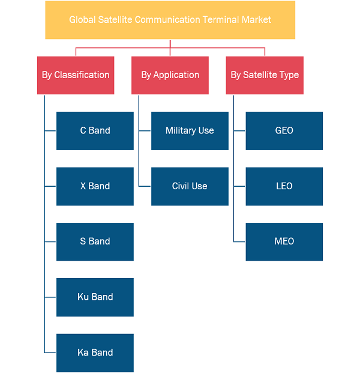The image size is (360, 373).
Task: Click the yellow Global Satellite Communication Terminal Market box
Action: (170, 20)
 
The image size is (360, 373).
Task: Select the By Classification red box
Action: (76, 76)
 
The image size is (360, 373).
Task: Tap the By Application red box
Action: (170, 76)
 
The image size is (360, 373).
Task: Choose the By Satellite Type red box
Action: (265, 76)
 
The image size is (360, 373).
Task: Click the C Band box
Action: (95, 131)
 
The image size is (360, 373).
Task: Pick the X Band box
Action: (95, 186)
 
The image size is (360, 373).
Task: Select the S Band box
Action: (95, 241)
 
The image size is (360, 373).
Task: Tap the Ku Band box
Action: (95, 297)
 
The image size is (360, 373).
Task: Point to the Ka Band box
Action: (95, 353)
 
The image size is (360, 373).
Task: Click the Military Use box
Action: (190, 131)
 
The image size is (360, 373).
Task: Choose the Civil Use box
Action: (190, 186)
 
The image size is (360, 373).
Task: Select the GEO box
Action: (284, 131)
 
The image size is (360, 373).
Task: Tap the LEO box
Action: (284, 186)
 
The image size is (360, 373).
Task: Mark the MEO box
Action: (284, 241)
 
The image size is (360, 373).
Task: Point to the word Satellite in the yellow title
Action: (115, 20)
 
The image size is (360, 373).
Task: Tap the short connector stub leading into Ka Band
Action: (50, 353)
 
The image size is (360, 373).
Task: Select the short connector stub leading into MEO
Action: (239, 241)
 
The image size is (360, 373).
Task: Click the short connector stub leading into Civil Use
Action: (145, 186)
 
